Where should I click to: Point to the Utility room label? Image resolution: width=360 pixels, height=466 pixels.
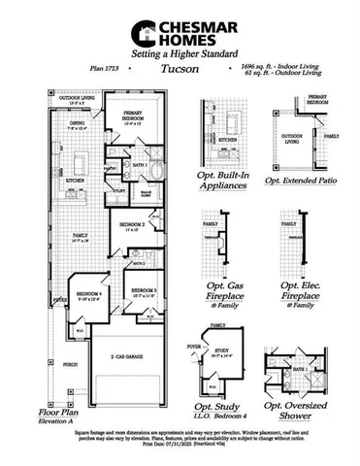(x=117, y=166)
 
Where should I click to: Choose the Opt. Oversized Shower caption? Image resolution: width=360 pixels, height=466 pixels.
(x=302, y=409)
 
